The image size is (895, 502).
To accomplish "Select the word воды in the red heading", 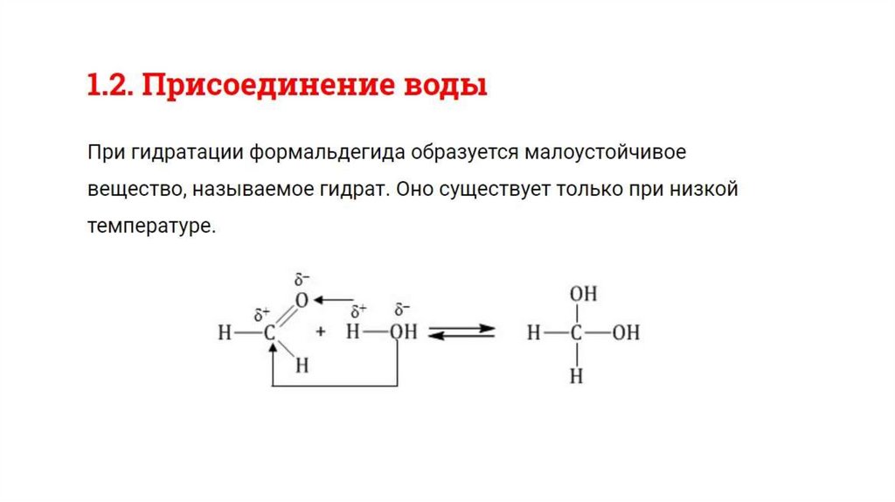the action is click(x=448, y=87).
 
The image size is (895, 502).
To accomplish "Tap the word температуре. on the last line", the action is click(x=150, y=226).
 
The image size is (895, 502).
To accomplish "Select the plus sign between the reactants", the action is click(x=321, y=332).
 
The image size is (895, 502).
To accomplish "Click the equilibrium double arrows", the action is click(x=462, y=332).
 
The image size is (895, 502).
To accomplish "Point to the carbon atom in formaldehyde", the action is click(x=270, y=333).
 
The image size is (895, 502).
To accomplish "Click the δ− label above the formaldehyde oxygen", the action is click(x=302, y=280).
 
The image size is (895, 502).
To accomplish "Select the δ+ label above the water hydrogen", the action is click(x=357, y=312).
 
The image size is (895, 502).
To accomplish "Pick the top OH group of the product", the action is click(x=583, y=295).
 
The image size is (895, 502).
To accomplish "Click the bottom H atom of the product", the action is click(x=576, y=376).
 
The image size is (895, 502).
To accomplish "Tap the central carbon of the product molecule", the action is click(x=576, y=333).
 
